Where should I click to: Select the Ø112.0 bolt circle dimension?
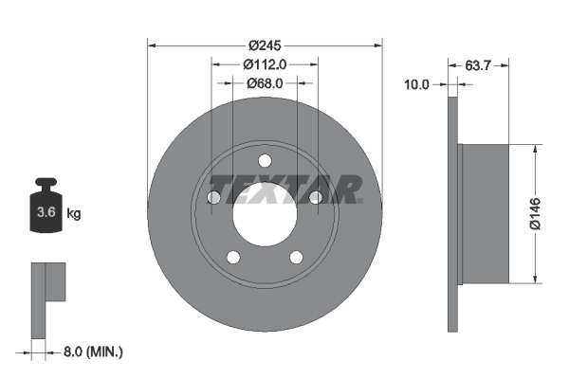coord(265,63)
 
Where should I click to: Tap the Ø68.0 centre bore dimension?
coord(265,83)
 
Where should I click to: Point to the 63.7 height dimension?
coord(479,64)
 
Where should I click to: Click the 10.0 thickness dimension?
coord(417,84)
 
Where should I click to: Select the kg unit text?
coord(74,213)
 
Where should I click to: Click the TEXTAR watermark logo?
coord(284,189)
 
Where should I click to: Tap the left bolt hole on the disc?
coord(214,197)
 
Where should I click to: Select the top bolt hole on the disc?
coord(265,159)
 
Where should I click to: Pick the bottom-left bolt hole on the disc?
coord(233,257)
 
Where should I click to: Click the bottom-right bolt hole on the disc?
coord(297,257)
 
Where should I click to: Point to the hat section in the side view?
coord(484,213)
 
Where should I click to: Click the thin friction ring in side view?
coord(452,213)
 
